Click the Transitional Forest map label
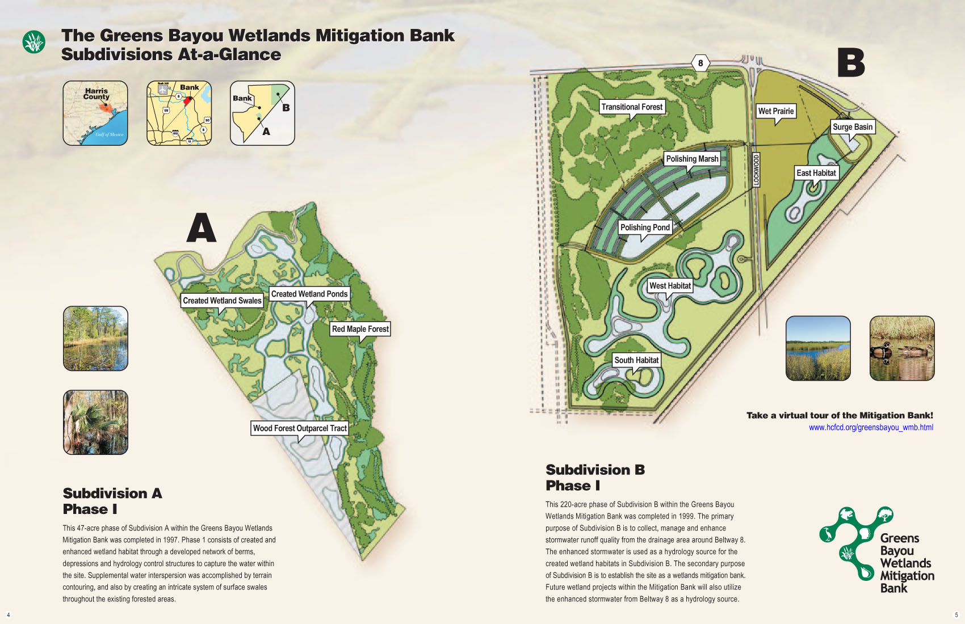point(632,107)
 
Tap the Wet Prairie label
point(775,111)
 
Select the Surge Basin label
point(852,127)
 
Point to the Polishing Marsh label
point(692,159)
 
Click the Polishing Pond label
point(645,227)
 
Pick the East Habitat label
point(816,173)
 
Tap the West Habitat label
point(670,286)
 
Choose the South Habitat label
point(636,360)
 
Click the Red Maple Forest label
point(360,329)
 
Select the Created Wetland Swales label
point(222,301)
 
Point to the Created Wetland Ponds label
point(309,294)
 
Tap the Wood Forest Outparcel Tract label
point(300,428)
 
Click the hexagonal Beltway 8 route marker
point(700,63)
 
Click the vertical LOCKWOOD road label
point(756,170)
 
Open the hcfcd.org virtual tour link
point(871,428)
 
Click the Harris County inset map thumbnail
point(95,113)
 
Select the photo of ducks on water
point(901,348)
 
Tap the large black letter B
point(851,63)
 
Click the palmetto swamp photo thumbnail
point(95,422)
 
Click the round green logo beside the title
point(34,42)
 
